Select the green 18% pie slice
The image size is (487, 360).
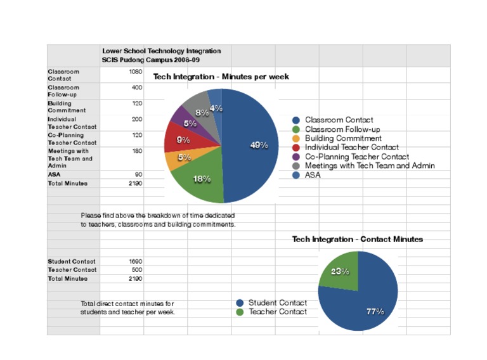[200, 181]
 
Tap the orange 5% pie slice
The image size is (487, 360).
[179, 159]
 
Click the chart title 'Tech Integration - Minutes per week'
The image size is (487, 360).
[221, 77]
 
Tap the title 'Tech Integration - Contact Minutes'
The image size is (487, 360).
[357, 240]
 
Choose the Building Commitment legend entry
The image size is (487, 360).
[343, 138]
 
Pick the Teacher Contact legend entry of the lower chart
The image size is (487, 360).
[277, 312]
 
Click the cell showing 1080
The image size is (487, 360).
[135, 72]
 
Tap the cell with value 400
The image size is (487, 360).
[137, 87]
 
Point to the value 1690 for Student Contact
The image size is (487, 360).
[135, 261]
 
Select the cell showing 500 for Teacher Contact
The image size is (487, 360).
[136, 269]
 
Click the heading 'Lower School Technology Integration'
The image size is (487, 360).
[162, 51]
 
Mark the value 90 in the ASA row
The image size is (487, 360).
[138, 174]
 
